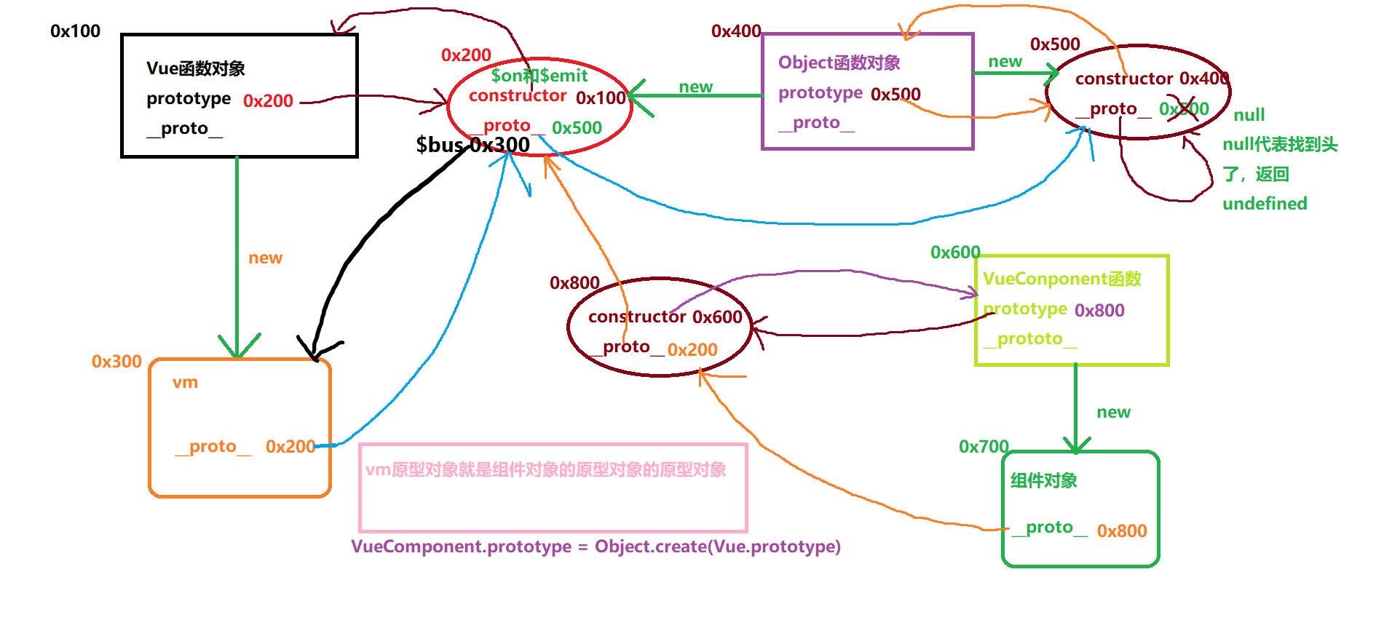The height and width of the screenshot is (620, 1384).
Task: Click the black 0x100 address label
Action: click(75, 31)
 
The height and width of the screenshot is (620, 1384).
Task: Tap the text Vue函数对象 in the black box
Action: click(195, 68)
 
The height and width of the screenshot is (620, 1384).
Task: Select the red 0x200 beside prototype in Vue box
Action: click(268, 101)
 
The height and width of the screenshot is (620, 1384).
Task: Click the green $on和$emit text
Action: click(539, 76)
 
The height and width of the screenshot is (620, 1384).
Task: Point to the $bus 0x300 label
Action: click(472, 145)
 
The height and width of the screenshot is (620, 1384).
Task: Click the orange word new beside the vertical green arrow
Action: click(265, 258)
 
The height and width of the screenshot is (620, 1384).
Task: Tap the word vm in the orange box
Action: click(185, 383)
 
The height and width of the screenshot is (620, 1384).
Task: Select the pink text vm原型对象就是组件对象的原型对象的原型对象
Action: click(545, 470)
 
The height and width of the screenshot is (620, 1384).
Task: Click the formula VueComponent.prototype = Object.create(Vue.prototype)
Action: click(596, 547)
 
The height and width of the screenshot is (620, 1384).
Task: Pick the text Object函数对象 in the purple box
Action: click(839, 63)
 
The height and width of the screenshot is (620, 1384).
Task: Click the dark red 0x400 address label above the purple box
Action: click(735, 31)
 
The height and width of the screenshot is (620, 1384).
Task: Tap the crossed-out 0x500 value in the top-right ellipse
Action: click(1184, 109)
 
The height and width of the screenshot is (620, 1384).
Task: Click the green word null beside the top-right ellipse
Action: click(1249, 115)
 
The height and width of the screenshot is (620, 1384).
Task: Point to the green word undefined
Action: click(1265, 204)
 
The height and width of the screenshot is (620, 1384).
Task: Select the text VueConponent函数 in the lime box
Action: click(1061, 279)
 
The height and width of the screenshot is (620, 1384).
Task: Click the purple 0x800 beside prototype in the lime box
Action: click(1099, 311)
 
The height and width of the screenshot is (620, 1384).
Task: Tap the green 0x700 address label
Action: click(983, 447)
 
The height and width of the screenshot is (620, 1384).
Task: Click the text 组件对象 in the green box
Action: click(1043, 481)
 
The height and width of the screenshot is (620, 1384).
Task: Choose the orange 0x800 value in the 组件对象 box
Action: click(1122, 531)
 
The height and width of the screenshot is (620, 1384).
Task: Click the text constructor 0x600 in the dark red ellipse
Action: click(665, 317)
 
